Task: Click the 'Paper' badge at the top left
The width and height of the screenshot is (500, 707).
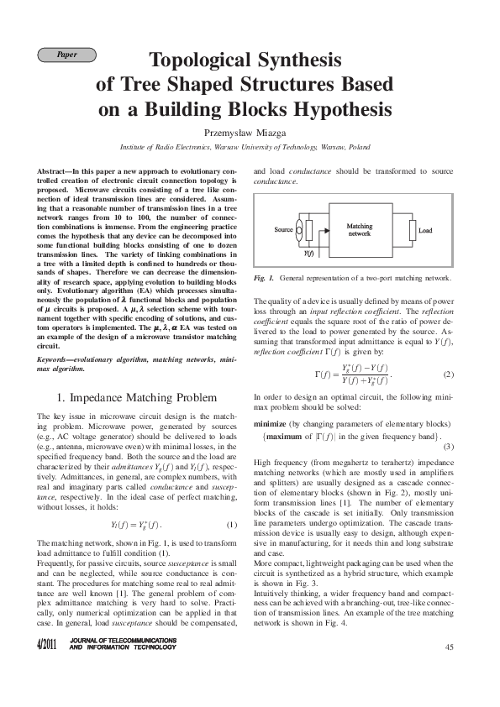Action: pos(67,55)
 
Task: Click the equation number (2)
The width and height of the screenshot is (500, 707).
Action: pos(449,374)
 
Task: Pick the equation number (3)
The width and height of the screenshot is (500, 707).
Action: pos(449,446)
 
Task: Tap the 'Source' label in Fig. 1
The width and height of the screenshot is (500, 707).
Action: pos(283,228)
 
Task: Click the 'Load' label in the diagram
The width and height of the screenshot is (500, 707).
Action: pos(425,230)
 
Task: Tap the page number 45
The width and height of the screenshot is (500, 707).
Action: pos(449,646)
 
